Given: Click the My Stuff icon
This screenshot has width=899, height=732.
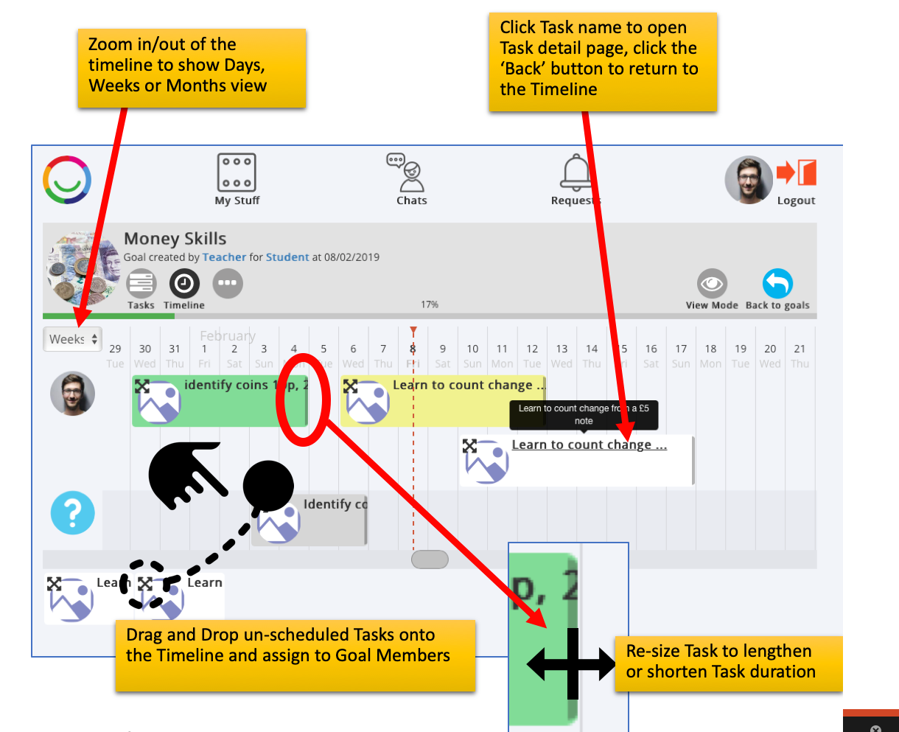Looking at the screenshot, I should (x=237, y=173).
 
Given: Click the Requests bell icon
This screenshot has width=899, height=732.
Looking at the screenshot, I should (x=576, y=174).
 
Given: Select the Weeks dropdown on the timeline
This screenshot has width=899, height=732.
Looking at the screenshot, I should (x=72, y=339).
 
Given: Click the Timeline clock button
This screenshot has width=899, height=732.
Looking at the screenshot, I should (x=184, y=284).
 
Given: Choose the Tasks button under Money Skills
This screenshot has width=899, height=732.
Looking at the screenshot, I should (x=141, y=284).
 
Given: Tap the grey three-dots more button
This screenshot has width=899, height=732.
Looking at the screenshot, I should (x=228, y=283).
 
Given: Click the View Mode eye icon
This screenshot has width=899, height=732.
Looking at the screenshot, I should (x=712, y=284).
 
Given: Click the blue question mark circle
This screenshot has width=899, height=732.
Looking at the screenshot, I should (x=73, y=513).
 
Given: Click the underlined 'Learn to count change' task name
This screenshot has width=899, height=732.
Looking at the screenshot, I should (x=589, y=445).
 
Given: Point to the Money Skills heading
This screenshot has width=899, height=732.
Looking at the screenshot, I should (x=175, y=239).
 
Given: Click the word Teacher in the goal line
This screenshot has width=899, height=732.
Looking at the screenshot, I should (x=224, y=257).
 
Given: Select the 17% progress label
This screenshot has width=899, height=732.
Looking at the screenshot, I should (x=430, y=304).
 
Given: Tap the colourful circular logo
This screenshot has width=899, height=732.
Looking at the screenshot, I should (x=67, y=179).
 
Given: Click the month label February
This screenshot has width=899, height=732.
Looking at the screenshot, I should (x=228, y=336).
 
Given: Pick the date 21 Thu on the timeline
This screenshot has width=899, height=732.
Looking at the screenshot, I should (x=800, y=355).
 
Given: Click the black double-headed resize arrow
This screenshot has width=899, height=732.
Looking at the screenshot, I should (x=572, y=664).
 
